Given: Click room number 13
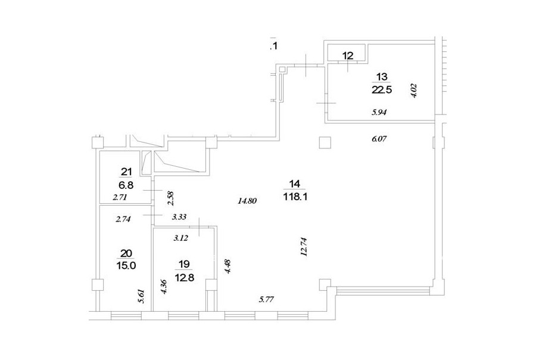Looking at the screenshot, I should [x=382, y=76].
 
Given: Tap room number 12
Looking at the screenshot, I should [x=348, y=55].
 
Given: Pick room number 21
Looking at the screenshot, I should [x=126, y=172].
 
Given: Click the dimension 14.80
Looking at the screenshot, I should [x=247, y=201].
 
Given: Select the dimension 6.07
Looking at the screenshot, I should [x=379, y=139].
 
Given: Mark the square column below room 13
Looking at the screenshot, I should [x=325, y=142].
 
